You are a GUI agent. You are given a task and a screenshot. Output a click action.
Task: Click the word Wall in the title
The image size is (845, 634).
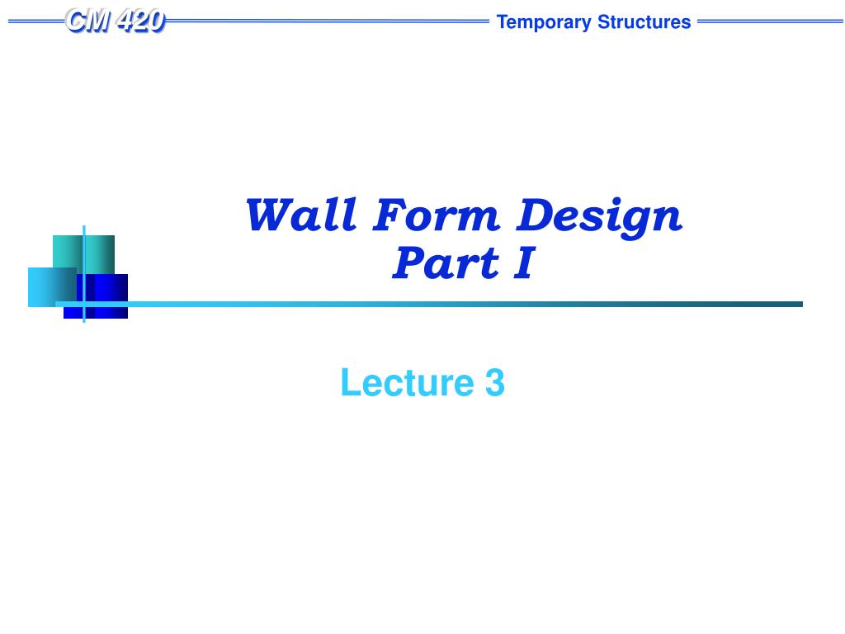pos(301,215)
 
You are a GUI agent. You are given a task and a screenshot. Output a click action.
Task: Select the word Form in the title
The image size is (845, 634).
pos(437,215)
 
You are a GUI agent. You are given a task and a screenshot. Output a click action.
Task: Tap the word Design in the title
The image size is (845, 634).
pos(599,218)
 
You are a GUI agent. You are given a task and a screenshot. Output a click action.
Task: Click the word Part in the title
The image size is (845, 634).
pos(445,263)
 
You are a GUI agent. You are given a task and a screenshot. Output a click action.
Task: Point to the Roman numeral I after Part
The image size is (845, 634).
pos(524,263)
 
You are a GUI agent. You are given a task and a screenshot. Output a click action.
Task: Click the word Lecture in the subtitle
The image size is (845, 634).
pos(407,382)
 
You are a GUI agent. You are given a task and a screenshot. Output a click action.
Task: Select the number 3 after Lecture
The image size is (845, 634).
pos(495,382)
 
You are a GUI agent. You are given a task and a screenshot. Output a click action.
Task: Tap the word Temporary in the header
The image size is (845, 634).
pos(544,22)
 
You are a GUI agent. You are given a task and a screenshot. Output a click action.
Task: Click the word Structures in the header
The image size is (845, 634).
pos(644,22)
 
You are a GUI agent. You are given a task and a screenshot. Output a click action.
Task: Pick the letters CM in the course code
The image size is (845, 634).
pos(88,21)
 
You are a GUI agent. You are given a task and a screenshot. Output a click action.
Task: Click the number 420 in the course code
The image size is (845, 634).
pos(140,21)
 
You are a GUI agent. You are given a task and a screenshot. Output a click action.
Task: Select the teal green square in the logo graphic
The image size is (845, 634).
pos(83,254)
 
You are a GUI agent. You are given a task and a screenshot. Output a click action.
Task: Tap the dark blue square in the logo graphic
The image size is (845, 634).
pos(102,296)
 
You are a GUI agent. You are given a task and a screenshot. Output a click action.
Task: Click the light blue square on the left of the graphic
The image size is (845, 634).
pos(52,286)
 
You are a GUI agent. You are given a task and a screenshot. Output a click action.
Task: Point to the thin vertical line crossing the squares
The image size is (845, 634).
pos(84,274)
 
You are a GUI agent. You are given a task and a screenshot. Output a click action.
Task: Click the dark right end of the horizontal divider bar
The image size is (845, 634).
pos(800,304)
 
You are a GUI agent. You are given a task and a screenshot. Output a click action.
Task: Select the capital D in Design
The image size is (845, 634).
pos(536,215)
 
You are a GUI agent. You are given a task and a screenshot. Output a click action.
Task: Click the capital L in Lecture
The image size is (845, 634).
pos(351,382)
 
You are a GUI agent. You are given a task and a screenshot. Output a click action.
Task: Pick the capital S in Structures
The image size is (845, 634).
pos(605,22)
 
